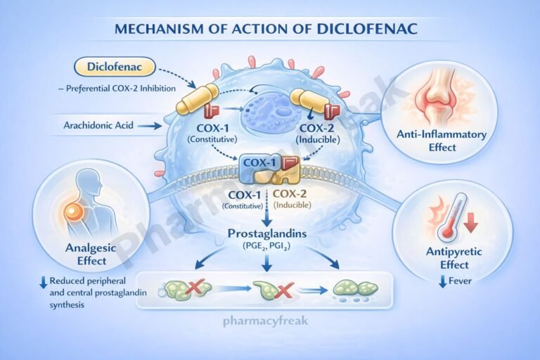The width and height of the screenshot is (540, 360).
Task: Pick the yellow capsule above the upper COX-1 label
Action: pyautogui.click(x=191, y=99)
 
